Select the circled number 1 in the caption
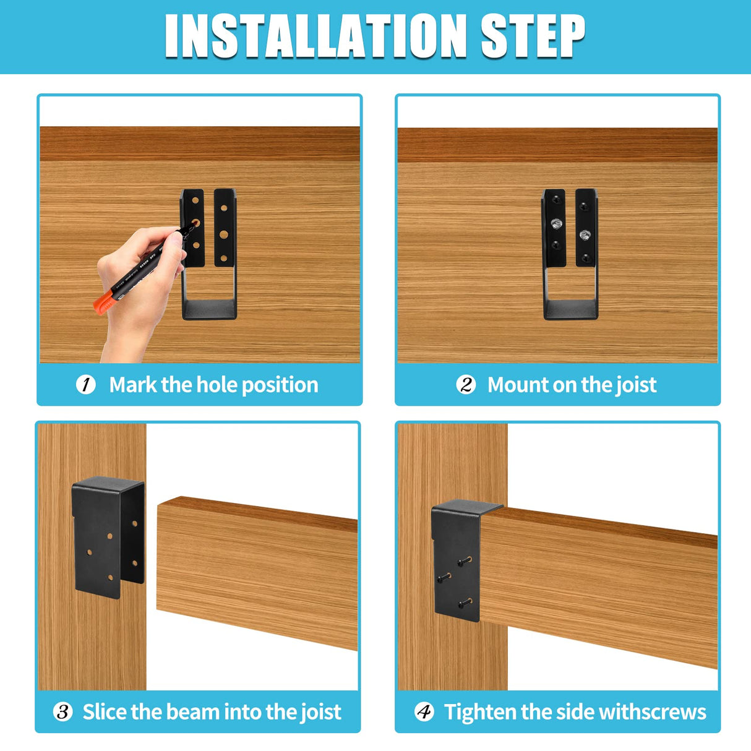point(86,385)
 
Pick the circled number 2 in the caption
point(466,385)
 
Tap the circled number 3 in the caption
point(63,712)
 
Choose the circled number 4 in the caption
point(424,712)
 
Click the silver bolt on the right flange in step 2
point(585,234)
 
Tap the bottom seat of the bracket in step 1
point(210,309)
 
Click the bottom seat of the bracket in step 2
point(570,309)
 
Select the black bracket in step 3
point(108,535)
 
